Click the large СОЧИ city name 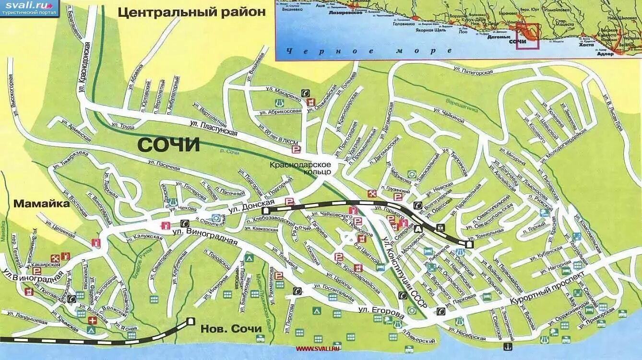tap(168, 144)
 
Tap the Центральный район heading tap(191, 12)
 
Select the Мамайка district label tap(41, 204)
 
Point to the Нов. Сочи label tap(231, 329)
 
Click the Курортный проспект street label tap(547, 289)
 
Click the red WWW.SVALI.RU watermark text tap(317, 348)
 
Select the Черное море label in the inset tap(368, 51)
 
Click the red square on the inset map tap(527, 36)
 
